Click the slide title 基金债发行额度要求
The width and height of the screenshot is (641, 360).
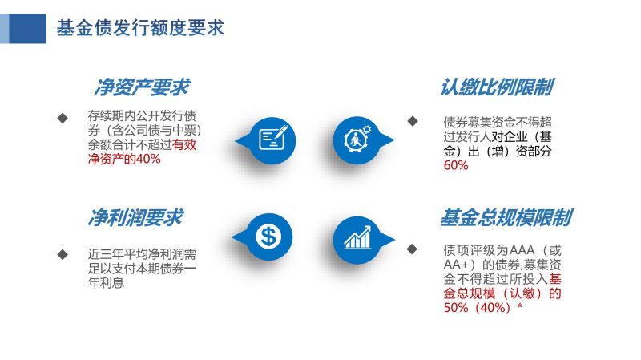[140, 28]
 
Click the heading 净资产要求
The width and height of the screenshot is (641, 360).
[142, 87]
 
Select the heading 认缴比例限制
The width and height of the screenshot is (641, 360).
[497, 87]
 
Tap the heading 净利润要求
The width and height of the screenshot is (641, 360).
[135, 217]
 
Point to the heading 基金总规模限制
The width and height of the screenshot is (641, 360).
[506, 217]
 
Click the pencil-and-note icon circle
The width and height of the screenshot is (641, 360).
[272, 140]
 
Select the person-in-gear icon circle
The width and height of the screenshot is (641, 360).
[357, 140]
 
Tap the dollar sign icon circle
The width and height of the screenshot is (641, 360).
[268, 237]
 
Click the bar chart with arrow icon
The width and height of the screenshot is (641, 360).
[357, 237]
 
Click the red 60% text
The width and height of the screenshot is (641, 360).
[456, 165]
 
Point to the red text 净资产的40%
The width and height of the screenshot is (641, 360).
[124, 159]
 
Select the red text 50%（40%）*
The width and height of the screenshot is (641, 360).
[483, 307]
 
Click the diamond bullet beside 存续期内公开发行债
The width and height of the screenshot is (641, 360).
[62, 118]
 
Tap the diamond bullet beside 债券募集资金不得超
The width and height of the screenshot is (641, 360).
[413, 121]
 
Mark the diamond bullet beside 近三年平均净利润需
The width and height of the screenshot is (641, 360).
[62, 254]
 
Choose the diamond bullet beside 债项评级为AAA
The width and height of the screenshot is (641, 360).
[412, 249]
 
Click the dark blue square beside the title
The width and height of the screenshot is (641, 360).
[27, 29]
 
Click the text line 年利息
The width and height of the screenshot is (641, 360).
[106, 283]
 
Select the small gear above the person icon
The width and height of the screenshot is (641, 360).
[367, 130]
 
